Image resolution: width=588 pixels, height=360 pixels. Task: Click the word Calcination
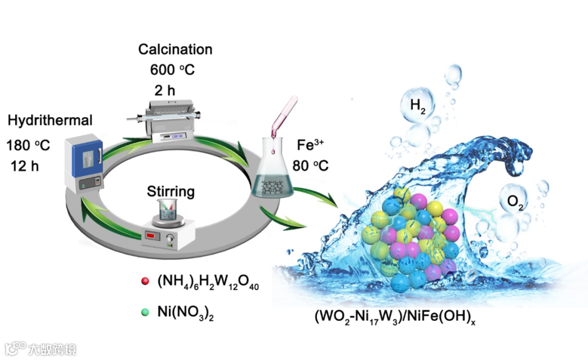(175, 50)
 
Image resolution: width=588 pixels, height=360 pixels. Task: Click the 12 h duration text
(25, 166)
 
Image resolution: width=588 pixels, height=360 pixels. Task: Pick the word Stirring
(170, 192)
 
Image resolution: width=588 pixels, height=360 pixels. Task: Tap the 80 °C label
(310, 165)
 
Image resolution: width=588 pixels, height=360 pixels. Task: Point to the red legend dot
(145, 282)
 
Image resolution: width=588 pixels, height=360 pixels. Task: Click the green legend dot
(145, 312)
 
